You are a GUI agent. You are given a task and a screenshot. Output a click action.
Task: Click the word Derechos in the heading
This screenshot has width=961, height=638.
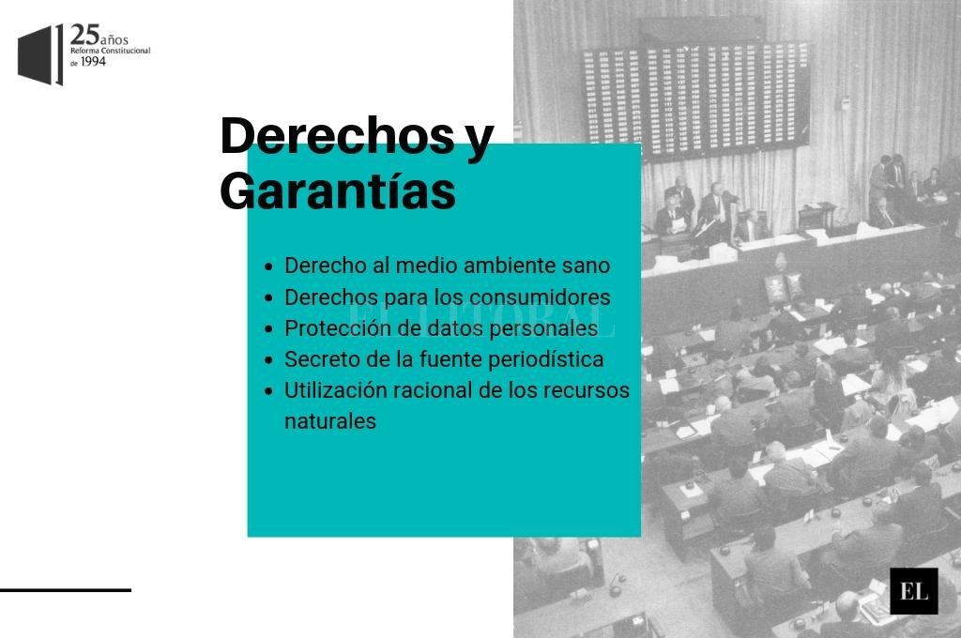click(x=337, y=135)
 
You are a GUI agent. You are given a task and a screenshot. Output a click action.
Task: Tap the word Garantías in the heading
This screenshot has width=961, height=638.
click(x=338, y=190)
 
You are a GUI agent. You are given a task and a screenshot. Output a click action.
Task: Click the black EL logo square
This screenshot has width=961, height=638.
click(x=914, y=591)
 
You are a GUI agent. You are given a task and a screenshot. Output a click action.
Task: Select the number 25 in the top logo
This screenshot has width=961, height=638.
click(x=84, y=35)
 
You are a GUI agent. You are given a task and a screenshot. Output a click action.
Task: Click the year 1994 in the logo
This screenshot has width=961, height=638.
click(x=93, y=61)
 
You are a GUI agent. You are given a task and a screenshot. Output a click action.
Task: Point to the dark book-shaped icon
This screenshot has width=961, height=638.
click(x=40, y=55)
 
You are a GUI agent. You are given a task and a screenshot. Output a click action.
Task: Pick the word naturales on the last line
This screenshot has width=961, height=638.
click(x=330, y=421)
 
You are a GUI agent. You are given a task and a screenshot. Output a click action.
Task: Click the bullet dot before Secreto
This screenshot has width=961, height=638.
click(x=268, y=360)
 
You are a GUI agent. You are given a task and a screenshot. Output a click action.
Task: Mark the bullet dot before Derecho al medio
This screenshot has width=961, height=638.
click(x=268, y=266)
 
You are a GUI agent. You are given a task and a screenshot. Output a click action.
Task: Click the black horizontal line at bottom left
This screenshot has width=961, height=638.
click(x=66, y=590)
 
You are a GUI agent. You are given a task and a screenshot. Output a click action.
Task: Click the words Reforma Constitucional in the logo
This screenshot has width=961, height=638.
click(x=111, y=51)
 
